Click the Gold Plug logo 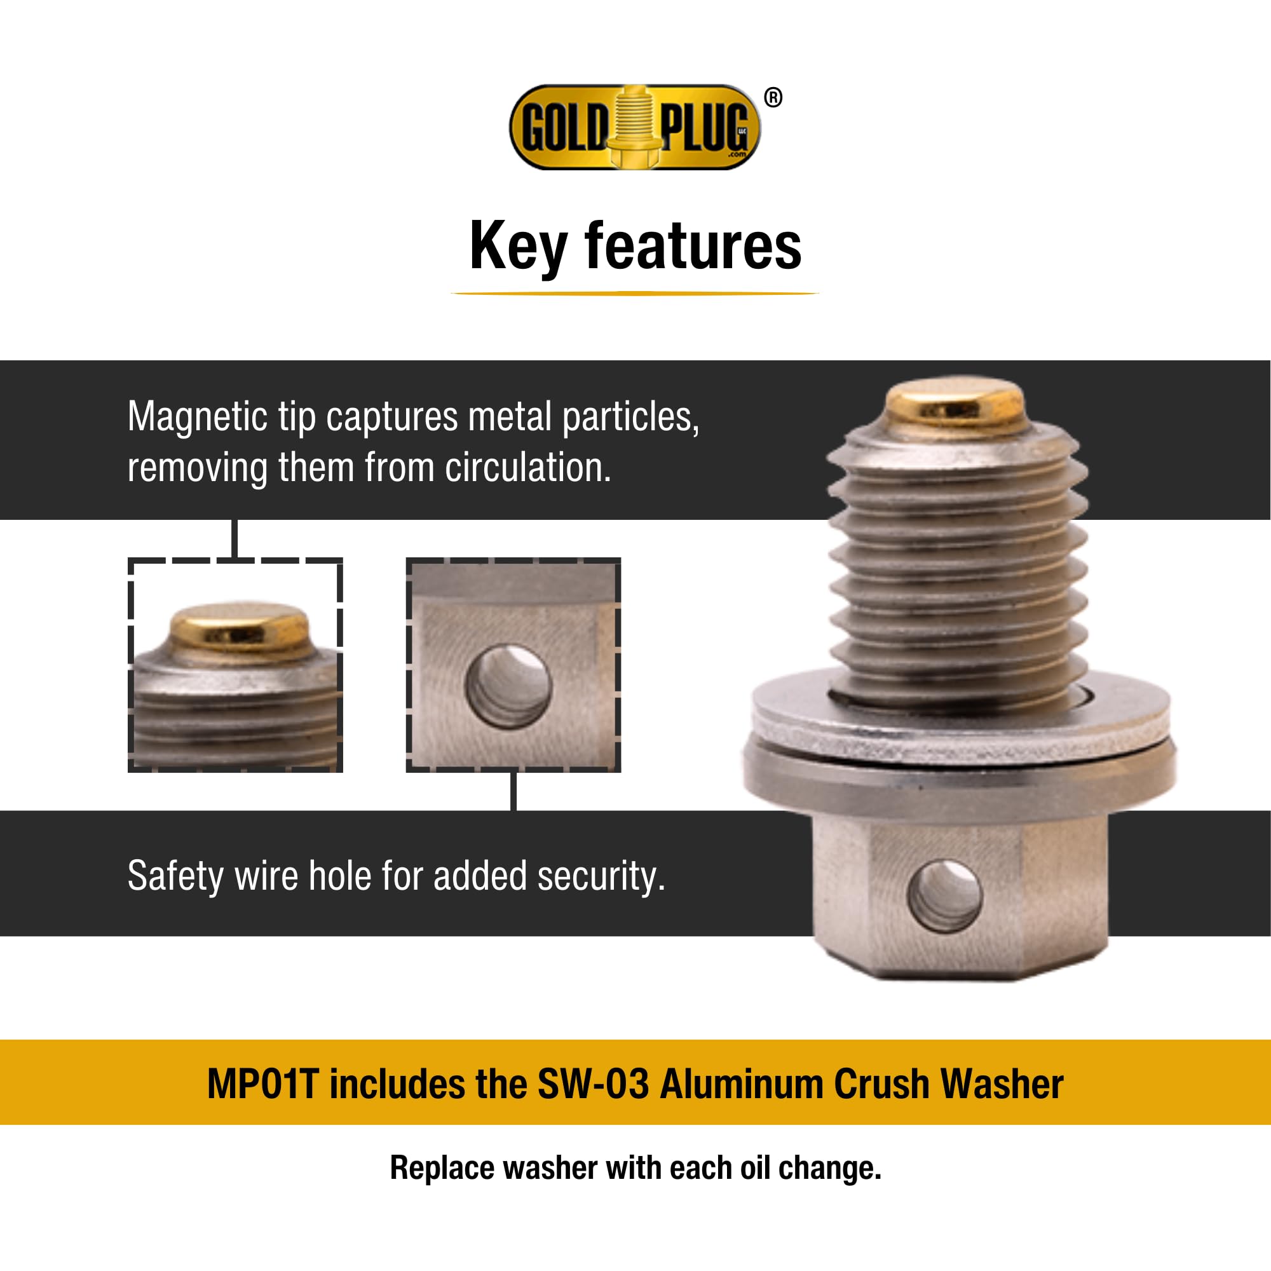[x=634, y=127]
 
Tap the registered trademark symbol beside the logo [x=773, y=98]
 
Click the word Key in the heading [x=518, y=247]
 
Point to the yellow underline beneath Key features [x=635, y=294]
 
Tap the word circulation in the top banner [x=527, y=468]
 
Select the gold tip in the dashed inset [x=239, y=629]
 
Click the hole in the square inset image [x=508, y=686]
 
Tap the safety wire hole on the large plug [x=944, y=896]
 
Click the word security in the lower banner [x=601, y=876]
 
